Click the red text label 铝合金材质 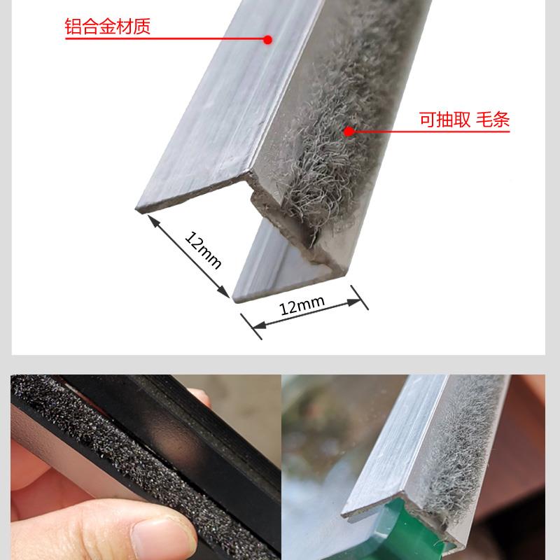pos(108,27)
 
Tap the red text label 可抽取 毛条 pos(464,119)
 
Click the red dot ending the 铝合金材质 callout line pos(267,40)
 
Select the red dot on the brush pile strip pos(349,132)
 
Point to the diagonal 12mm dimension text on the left pos(203,250)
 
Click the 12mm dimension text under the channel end pos(302,306)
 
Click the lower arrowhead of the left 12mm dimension pos(223,291)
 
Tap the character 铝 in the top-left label pos(73,27)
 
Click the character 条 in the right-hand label pos(500,119)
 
